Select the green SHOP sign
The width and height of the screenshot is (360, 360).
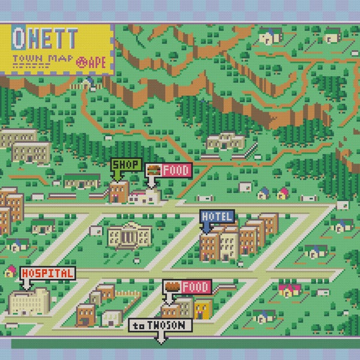click(125, 164)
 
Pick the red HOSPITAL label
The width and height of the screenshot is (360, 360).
click(47, 274)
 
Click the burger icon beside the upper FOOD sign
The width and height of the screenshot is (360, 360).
click(153, 170)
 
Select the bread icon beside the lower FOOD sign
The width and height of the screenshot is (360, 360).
click(172, 287)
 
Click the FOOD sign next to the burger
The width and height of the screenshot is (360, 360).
click(176, 170)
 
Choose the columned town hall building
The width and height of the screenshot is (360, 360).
click(129, 235)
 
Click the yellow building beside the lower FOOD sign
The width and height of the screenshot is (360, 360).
click(202, 308)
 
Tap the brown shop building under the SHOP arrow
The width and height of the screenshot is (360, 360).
click(118, 192)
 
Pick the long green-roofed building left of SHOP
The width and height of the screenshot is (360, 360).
click(82, 179)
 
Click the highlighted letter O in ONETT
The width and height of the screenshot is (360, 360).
click(20, 39)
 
